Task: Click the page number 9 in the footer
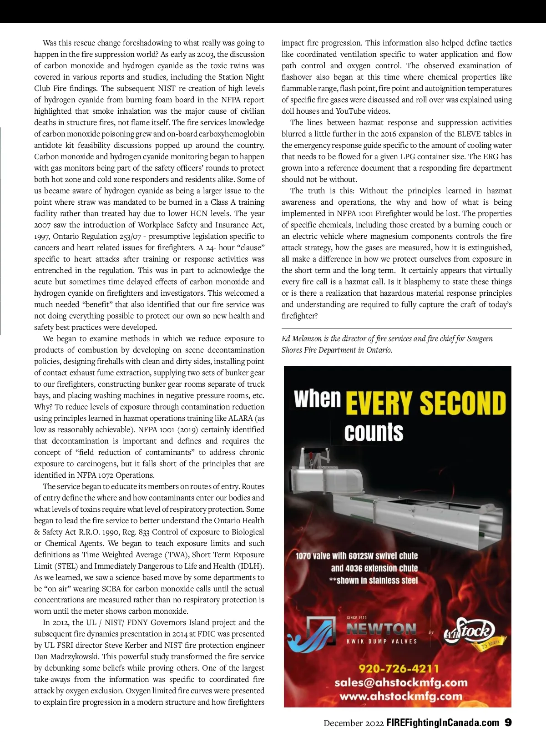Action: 508,722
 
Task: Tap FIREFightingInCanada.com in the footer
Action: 442,723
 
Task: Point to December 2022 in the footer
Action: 354,723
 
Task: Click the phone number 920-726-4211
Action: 399,668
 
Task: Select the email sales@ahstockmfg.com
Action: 401,682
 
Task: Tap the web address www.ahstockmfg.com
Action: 401,696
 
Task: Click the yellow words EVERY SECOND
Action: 426,403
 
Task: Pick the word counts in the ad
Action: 374,432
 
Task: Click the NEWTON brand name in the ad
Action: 381,629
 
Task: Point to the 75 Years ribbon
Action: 490,643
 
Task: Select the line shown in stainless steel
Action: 374,580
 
